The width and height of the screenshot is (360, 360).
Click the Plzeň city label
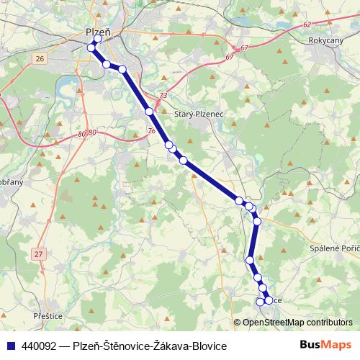[x=97, y=32]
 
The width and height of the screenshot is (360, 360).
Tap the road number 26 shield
[x=39, y=58]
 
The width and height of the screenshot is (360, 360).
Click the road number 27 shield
[x=38, y=253]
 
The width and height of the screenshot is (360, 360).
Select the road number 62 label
[x=307, y=24]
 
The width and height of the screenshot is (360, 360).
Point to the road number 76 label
[x=151, y=131]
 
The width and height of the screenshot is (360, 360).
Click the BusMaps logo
[x=326, y=346]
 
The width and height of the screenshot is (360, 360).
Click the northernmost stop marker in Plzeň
[x=98, y=39]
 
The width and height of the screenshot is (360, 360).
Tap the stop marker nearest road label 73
[x=149, y=112]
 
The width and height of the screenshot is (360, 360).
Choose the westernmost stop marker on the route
[x=91, y=48]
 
